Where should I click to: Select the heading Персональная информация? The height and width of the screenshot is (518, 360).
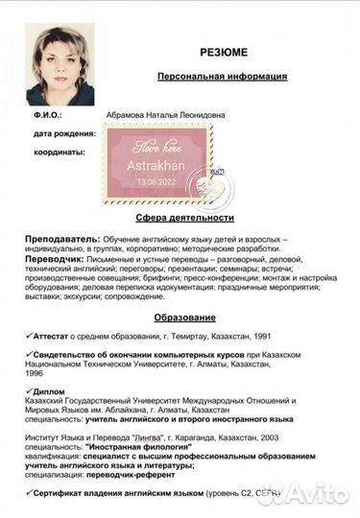click(x=222, y=76)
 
